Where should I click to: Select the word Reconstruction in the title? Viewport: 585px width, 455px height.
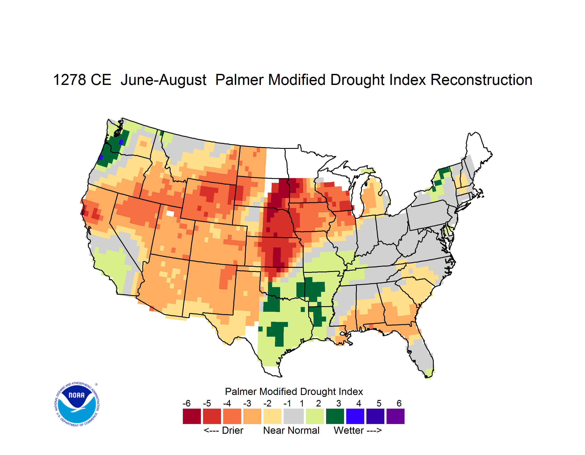point(481,80)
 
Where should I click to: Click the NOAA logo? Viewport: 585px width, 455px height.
point(77,404)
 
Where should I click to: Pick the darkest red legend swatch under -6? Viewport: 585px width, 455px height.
point(192,416)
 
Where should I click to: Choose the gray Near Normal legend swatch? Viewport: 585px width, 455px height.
point(294,416)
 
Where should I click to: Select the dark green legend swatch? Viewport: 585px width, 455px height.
point(335,416)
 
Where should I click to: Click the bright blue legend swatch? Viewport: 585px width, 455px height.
point(355,416)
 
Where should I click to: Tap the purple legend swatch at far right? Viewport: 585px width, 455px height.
point(395,416)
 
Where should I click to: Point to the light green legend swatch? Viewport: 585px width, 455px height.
point(315,416)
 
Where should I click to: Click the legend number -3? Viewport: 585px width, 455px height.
point(247,403)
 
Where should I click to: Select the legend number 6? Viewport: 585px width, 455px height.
point(399,403)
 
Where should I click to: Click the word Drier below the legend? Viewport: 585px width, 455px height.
point(232,430)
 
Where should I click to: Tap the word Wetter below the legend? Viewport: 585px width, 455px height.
point(349,430)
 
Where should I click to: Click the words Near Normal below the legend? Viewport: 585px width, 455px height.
point(291,430)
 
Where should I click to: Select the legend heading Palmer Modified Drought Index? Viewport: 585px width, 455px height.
point(294,392)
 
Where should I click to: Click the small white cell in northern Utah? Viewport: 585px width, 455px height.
point(170,213)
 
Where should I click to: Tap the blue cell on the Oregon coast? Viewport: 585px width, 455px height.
point(101,158)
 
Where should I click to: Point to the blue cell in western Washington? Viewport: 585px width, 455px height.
point(121,142)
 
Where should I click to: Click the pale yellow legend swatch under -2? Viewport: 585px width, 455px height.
point(272,416)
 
